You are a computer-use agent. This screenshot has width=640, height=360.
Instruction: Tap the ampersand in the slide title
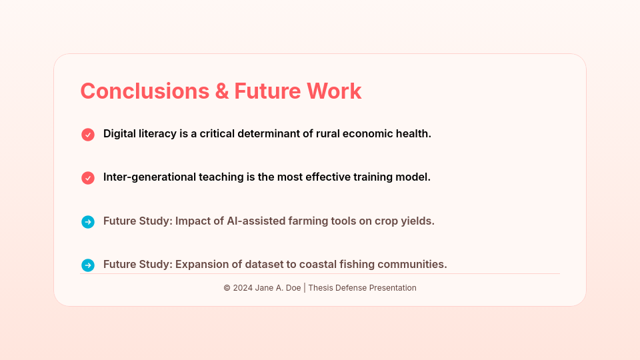click(222, 91)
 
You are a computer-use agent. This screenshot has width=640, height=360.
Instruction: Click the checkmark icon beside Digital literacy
click(88, 135)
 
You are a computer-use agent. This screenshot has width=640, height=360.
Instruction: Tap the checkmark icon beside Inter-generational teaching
click(88, 178)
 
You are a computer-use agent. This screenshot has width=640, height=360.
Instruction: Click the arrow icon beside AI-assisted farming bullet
click(88, 222)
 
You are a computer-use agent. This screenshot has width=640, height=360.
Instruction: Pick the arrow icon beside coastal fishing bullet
click(88, 265)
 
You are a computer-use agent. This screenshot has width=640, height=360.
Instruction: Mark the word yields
click(419, 221)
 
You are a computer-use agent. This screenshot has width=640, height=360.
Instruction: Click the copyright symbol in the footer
click(227, 288)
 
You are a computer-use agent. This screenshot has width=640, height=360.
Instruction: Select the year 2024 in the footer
click(243, 288)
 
